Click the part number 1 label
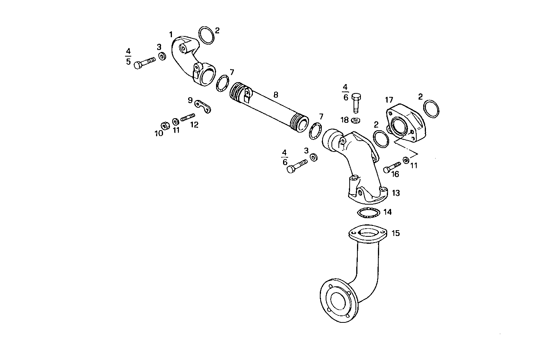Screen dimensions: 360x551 pos(171,34)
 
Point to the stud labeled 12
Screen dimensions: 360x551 pos(187,117)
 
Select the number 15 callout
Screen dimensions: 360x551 pos(395,233)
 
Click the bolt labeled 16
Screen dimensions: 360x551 pos(391,168)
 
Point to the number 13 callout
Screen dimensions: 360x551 pos(395,193)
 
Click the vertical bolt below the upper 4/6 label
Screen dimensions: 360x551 pos(356,102)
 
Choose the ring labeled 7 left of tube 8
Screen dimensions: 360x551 pos(222,84)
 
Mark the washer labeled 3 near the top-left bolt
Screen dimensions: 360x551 pos(163,57)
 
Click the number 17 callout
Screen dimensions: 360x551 pos(389,100)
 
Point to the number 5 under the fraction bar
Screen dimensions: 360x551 pos(128,62)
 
